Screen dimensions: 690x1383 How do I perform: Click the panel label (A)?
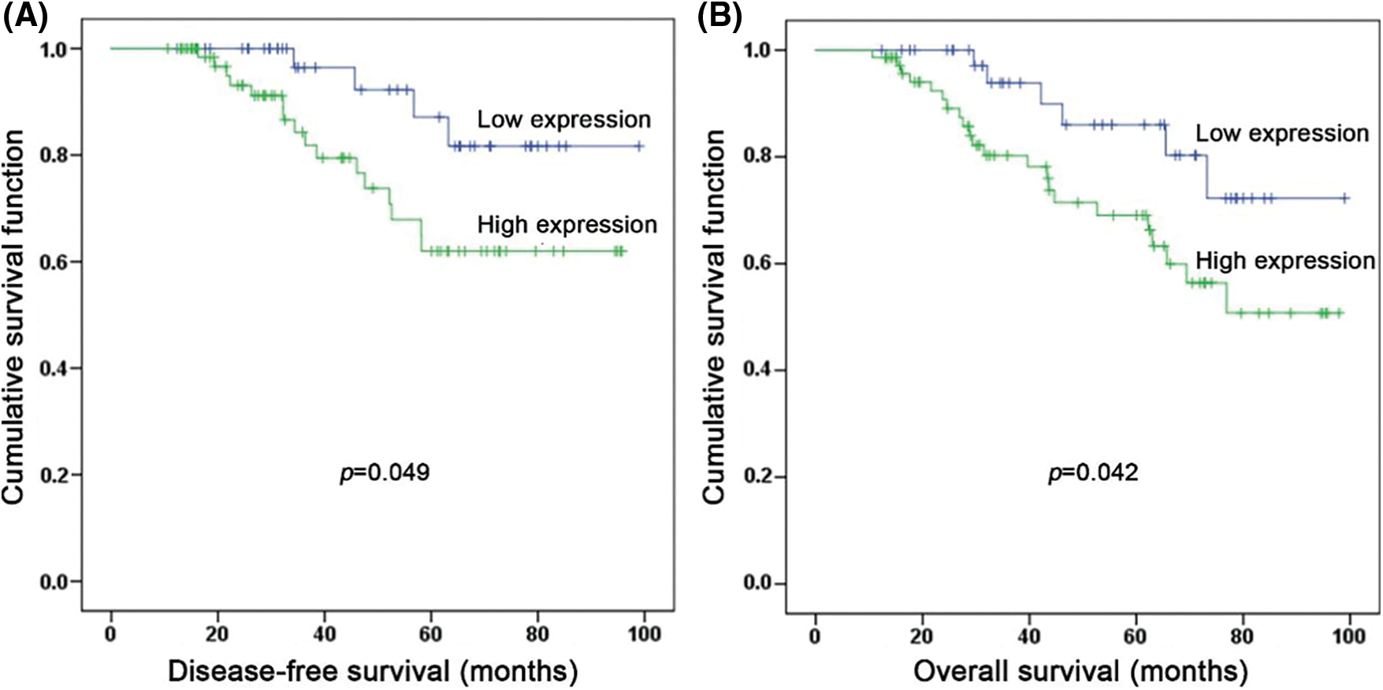point(25,17)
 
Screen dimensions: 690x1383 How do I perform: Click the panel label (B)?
point(719,17)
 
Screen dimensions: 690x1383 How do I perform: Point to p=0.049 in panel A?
point(385,472)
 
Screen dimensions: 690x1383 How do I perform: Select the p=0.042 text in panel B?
point(1093,472)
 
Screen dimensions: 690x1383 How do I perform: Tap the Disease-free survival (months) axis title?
point(373,671)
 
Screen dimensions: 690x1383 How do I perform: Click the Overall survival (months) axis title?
point(1080,671)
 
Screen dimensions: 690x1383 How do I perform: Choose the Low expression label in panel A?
point(563,120)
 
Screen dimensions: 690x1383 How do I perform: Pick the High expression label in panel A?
point(567,225)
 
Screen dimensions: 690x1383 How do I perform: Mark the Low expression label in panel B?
point(1282,133)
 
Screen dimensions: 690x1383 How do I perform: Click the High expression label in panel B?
point(1285,261)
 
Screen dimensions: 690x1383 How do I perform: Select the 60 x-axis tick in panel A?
point(430,633)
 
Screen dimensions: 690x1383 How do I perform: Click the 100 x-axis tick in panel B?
point(1348,635)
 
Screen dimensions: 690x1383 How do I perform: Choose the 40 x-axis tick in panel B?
point(1028,635)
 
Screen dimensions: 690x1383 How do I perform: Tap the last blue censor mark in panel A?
point(639,146)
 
